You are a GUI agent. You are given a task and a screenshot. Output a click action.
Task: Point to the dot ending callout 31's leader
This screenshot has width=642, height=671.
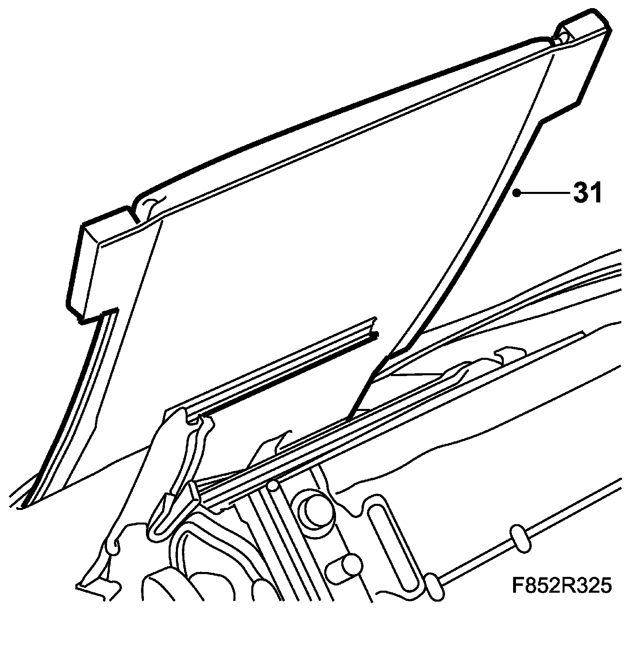click(x=516, y=194)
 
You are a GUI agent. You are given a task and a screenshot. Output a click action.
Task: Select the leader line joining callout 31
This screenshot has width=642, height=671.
click(x=543, y=194)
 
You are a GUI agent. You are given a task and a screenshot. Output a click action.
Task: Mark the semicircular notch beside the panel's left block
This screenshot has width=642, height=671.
click(x=150, y=205)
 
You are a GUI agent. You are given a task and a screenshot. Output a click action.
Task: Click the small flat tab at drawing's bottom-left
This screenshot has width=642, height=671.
click(x=97, y=588)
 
